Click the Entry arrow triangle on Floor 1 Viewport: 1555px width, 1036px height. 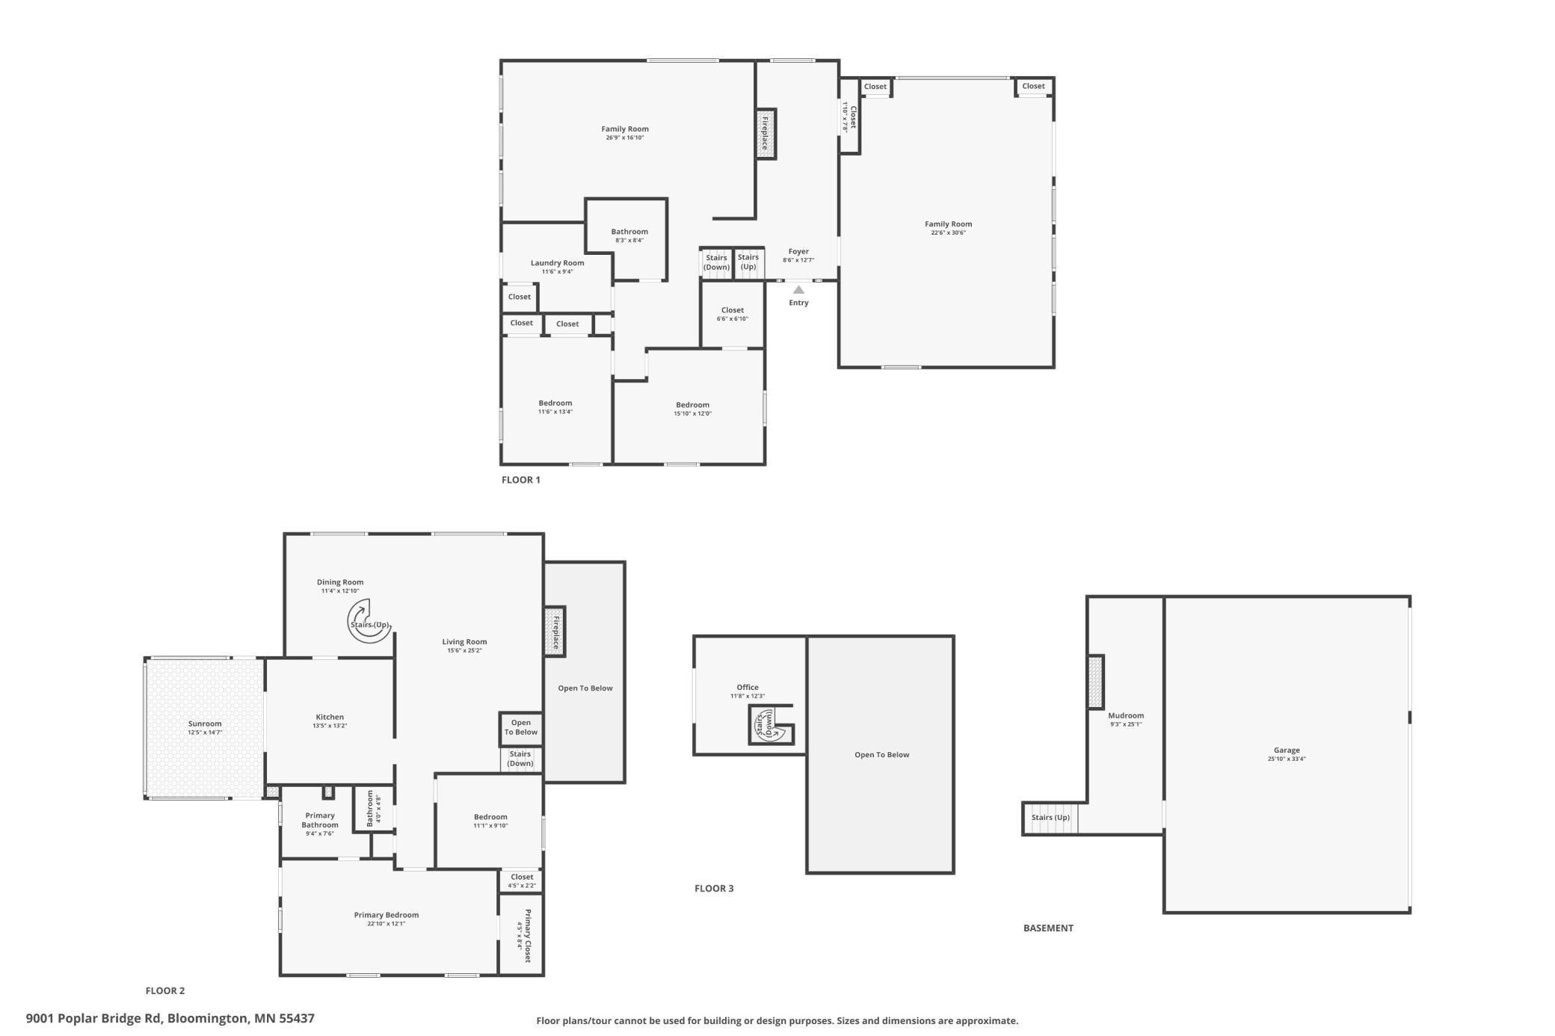pyautogui.click(x=798, y=290)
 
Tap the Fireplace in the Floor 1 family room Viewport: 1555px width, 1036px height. pyautogui.click(x=766, y=134)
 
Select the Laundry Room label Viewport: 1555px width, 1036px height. pyautogui.click(x=557, y=263)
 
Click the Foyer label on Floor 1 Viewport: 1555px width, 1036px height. pyautogui.click(x=798, y=252)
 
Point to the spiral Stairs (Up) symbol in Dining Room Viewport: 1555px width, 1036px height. pyautogui.click(x=369, y=621)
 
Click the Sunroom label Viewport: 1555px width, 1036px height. pyautogui.click(x=205, y=724)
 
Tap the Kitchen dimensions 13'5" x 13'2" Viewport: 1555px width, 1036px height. pyautogui.click(x=330, y=726)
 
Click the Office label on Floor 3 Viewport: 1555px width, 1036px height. pyautogui.click(x=747, y=688)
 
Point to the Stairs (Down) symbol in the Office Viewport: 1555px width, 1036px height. pyautogui.click(x=772, y=725)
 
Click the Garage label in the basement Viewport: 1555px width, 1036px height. pyautogui.click(x=1287, y=750)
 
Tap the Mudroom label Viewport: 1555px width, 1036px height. pyautogui.click(x=1125, y=715)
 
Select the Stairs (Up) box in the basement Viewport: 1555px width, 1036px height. pyautogui.click(x=1050, y=818)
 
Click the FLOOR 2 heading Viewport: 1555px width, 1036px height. pyautogui.click(x=165, y=991)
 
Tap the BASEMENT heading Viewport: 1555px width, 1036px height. pyautogui.click(x=1048, y=928)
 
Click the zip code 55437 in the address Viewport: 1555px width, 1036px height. pyautogui.click(x=297, y=1018)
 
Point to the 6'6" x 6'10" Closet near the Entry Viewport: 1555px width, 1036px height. pyautogui.click(x=732, y=314)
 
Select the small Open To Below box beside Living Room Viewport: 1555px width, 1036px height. pyautogui.click(x=521, y=727)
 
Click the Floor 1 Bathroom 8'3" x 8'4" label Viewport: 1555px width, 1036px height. pyautogui.click(x=629, y=232)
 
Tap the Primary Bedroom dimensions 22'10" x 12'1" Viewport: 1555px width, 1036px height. pyautogui.click(x=386, y=924)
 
